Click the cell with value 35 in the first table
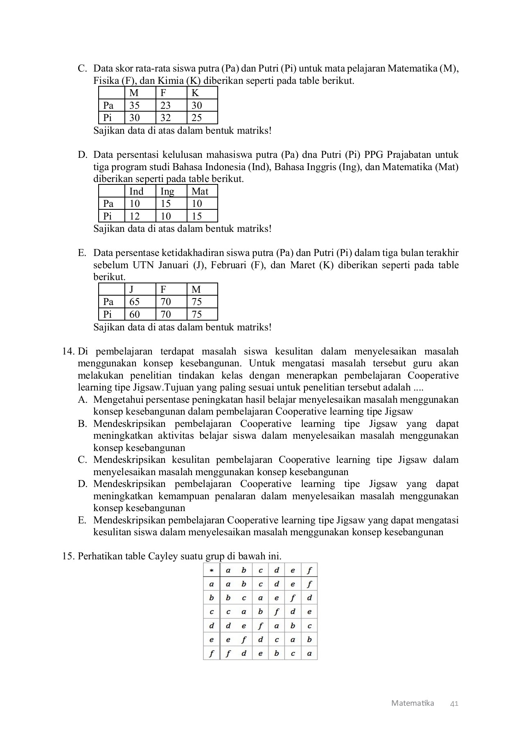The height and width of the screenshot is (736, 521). point(135,105)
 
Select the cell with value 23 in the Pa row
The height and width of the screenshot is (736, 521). point(165,105)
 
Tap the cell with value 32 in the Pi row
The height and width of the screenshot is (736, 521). point(165,118)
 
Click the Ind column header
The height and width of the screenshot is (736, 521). point(136,191)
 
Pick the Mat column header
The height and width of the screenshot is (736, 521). point(200,191)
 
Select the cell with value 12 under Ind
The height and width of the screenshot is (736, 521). point(135,216)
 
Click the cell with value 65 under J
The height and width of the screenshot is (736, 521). point(135,302)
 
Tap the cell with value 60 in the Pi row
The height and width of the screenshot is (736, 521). point(135,314)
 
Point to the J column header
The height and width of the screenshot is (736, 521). point(131,289)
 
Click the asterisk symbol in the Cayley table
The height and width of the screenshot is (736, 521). point(211,570)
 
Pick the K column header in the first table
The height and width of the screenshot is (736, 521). point(195,93)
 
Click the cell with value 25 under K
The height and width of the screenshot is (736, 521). point(197,118)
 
